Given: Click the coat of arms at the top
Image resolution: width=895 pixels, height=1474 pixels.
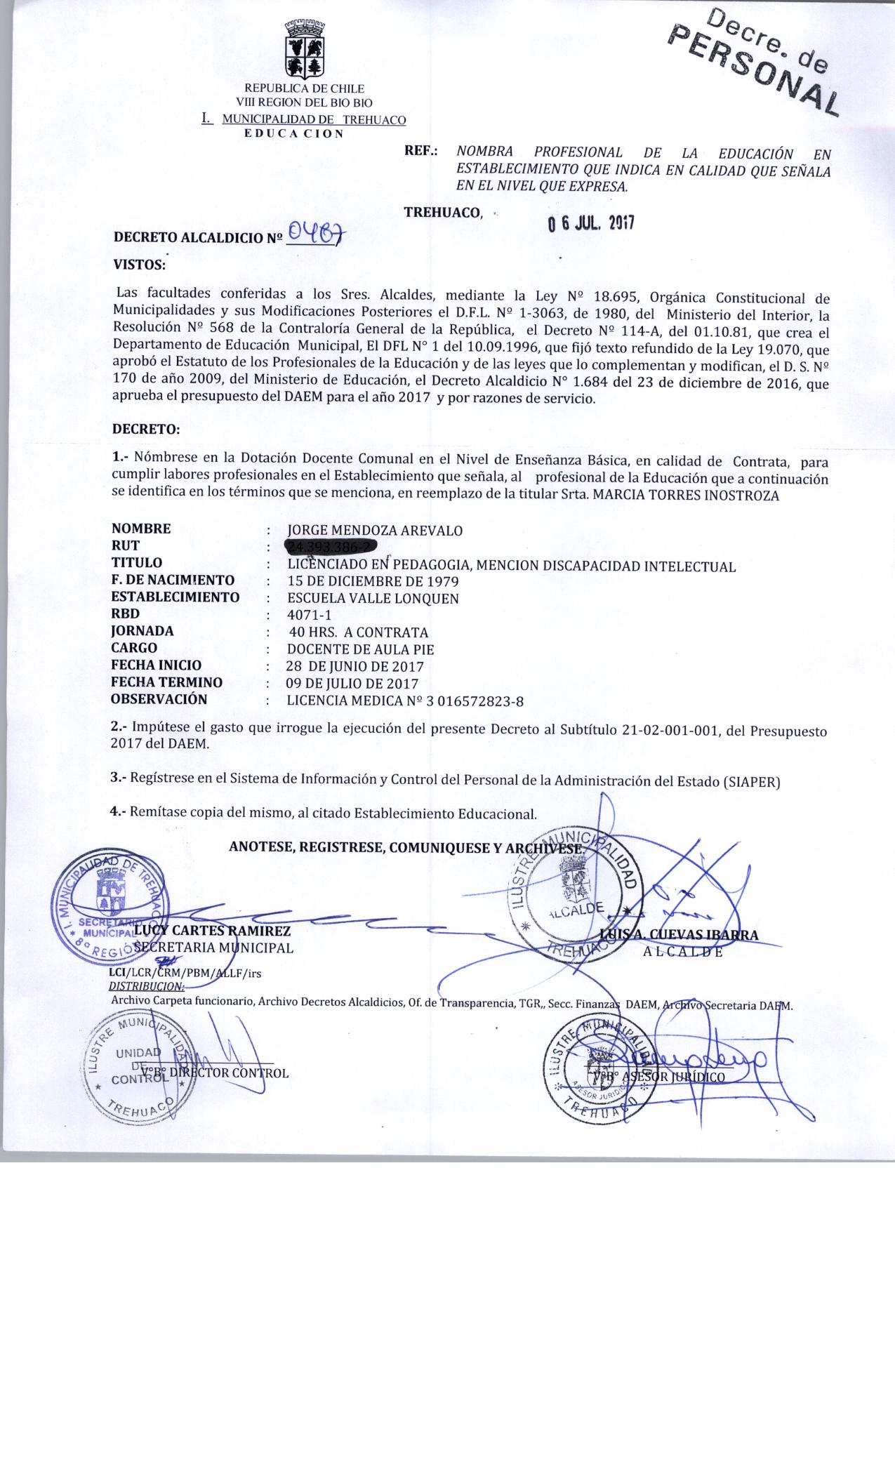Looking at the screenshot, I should coord(303,49).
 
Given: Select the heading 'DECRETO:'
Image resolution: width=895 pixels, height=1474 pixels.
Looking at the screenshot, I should coord(146,428).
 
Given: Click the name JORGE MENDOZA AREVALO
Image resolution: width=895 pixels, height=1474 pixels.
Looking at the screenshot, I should coord(376,531).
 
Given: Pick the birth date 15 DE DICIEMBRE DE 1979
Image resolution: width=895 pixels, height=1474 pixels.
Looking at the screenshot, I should coord(373,581).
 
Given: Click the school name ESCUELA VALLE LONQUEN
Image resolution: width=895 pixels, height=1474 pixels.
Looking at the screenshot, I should coord(373,598).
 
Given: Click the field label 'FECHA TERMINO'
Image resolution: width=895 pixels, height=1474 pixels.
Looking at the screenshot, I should coord(167,682).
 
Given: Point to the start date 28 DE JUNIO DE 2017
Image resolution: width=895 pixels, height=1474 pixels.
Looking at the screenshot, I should coord(354,666).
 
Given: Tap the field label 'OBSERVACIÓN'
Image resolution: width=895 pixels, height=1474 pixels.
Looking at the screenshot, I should coord(159,699).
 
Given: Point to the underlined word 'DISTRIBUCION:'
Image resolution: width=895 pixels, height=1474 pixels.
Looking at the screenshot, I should coord(146,986).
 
